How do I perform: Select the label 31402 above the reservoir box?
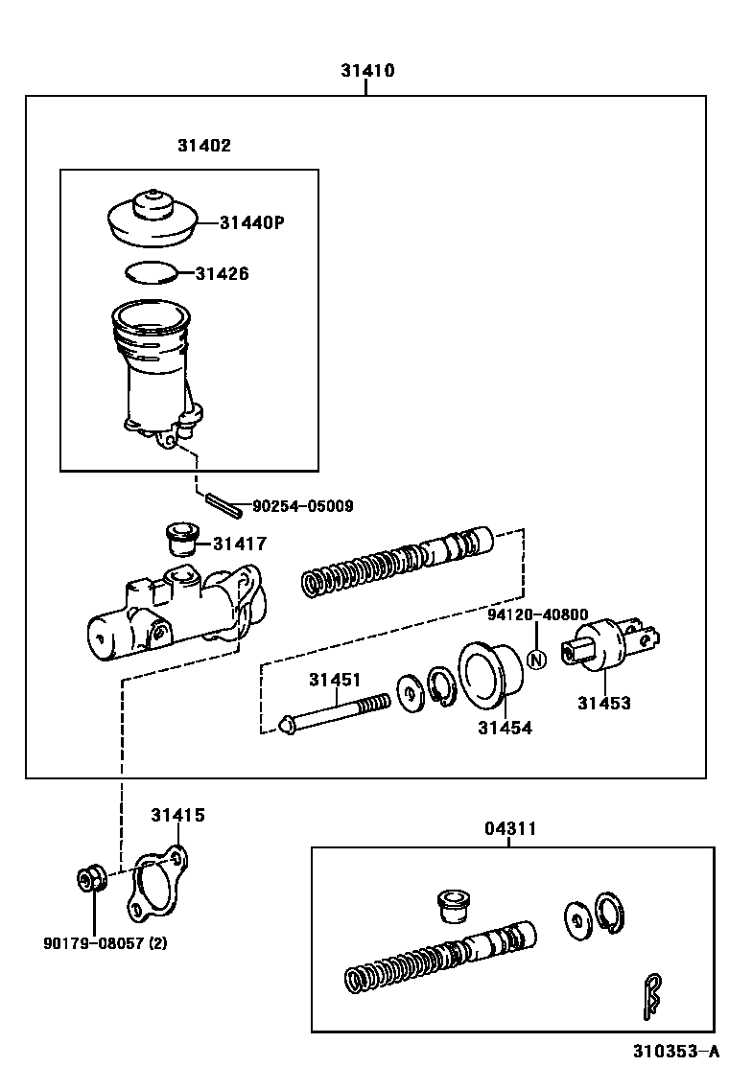point(203,146)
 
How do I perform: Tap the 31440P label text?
point(252,222)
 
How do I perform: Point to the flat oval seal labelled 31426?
point(152,273)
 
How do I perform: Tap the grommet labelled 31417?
point(179,540)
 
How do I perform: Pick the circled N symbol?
point(537,659)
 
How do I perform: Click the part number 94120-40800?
point(537,615)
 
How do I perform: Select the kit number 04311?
point(509,828)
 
